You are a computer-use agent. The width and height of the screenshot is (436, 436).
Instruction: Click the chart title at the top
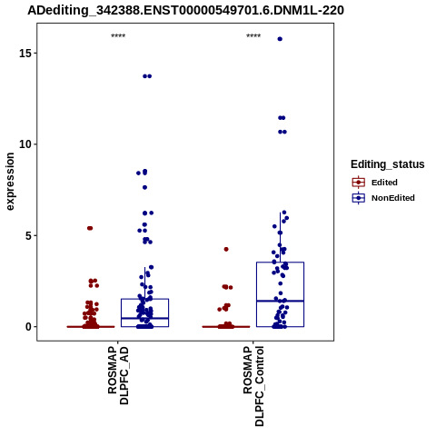tap(185, 10)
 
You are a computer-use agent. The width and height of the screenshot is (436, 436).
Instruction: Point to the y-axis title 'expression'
tap(10, 182)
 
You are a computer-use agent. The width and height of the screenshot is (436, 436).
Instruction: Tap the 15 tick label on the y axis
tap(25, 54)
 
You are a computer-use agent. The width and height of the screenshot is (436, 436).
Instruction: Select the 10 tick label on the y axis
tap(25, 144)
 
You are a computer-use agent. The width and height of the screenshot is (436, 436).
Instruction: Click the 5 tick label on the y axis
tap(28, 235)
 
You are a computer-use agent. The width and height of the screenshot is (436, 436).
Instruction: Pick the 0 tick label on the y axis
tap(28, 327)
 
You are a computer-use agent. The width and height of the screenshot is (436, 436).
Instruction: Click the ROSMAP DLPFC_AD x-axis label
tap(118, 375)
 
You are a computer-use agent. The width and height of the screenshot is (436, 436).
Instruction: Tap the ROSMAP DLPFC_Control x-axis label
tap(253, 386)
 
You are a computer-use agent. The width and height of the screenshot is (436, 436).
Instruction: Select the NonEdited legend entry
tap(383, 198)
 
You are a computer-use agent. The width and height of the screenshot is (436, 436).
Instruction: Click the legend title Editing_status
tap(388, 164)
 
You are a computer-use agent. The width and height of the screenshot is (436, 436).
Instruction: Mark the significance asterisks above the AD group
tap(118, 36)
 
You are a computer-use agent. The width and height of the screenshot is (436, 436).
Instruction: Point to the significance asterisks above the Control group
tap(253, 36)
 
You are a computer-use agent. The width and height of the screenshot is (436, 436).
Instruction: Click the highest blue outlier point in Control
tap(280, 39)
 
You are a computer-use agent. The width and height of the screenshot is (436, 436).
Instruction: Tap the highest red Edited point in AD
tap(90, 228)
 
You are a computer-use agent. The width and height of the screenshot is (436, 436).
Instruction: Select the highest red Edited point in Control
tap(226, 249)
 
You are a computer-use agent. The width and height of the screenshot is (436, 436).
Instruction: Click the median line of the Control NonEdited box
tap(280, 301)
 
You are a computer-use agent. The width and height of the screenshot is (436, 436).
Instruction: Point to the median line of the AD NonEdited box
tap(144, 318)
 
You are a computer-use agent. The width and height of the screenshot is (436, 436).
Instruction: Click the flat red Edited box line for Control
tap(226, 327)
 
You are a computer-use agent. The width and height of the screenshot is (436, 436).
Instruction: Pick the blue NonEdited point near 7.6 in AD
tap(144, 187)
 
